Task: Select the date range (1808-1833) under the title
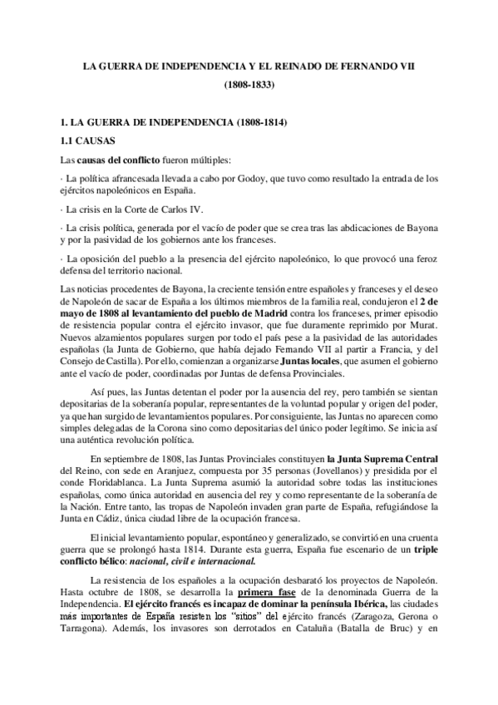click(249, 85)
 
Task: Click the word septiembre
click(127, 458)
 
